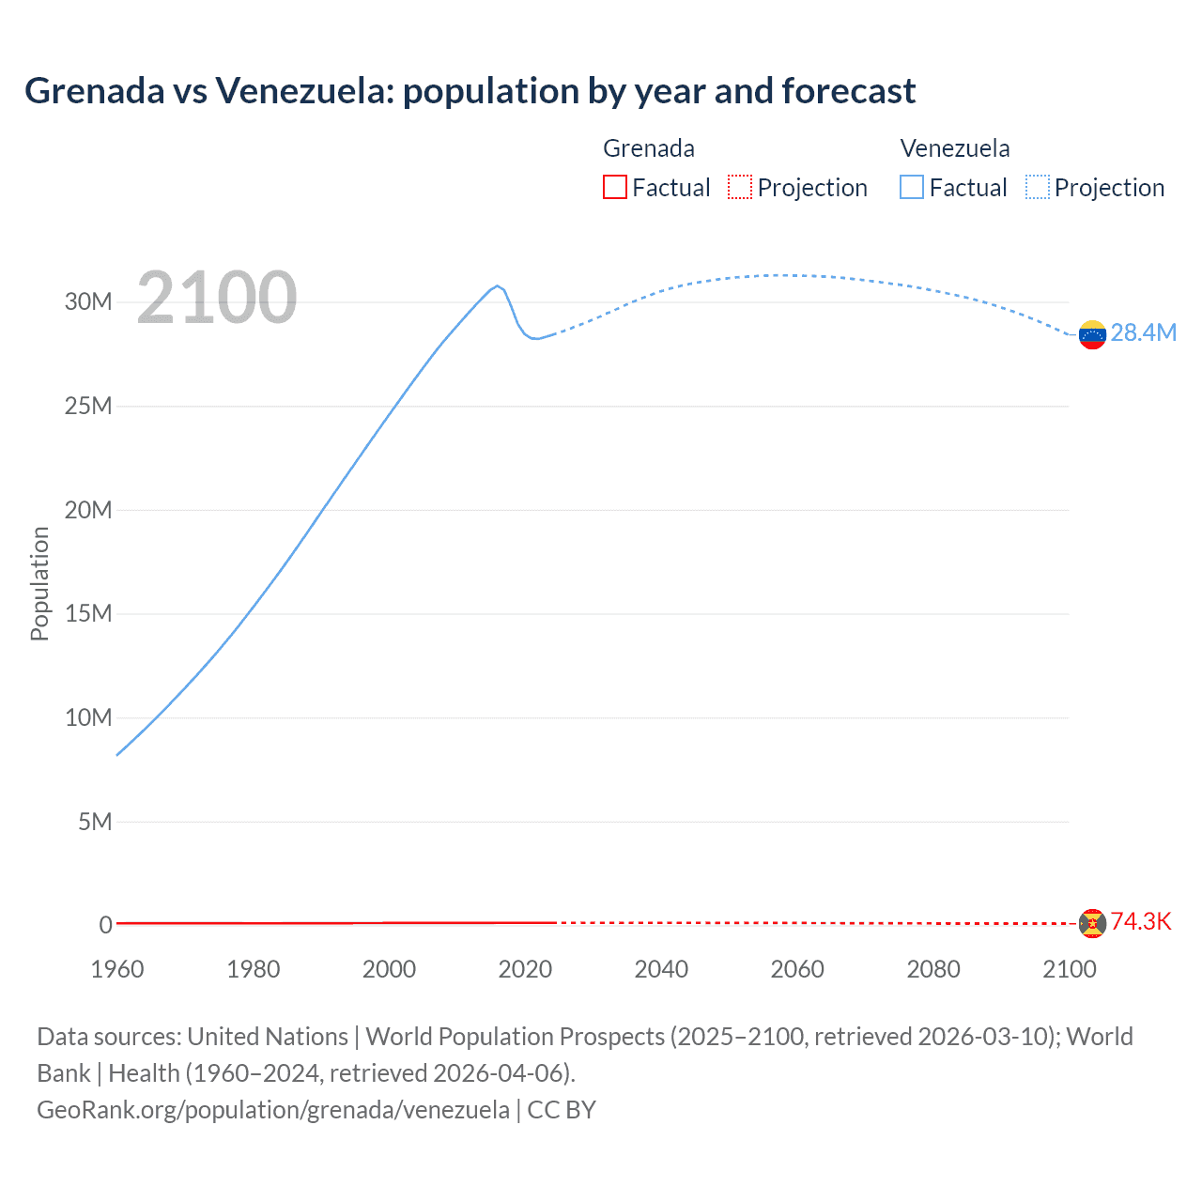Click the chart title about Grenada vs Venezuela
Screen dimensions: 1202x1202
[470, 91]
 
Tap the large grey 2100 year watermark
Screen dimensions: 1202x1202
[217, 298]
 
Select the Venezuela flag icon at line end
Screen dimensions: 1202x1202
[1091, 334]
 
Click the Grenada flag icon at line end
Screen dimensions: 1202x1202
[1091, 923]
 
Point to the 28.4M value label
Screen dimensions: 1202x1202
[1143, 333]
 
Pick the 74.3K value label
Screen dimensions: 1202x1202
[1140, 921]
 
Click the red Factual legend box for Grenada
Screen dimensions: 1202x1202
[614, 188]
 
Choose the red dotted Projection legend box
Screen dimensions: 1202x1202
[740, 188]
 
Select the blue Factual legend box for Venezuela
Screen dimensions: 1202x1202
[911, 188]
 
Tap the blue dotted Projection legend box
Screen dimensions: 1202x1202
[1038, 188]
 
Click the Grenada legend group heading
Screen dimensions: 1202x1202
[648, 148]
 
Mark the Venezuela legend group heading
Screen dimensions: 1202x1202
[954, 148]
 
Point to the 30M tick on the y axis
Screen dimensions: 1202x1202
[88, 301]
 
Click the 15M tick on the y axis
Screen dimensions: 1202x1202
[88, 613]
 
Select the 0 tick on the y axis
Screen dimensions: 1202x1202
[105, 925]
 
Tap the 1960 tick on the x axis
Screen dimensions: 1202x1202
[117, 969]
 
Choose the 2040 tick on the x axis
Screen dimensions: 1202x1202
[661, 969]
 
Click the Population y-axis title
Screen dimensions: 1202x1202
[39, 583]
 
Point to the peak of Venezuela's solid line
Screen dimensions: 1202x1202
[497, 285]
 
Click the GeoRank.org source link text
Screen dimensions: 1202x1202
[273, 1110]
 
